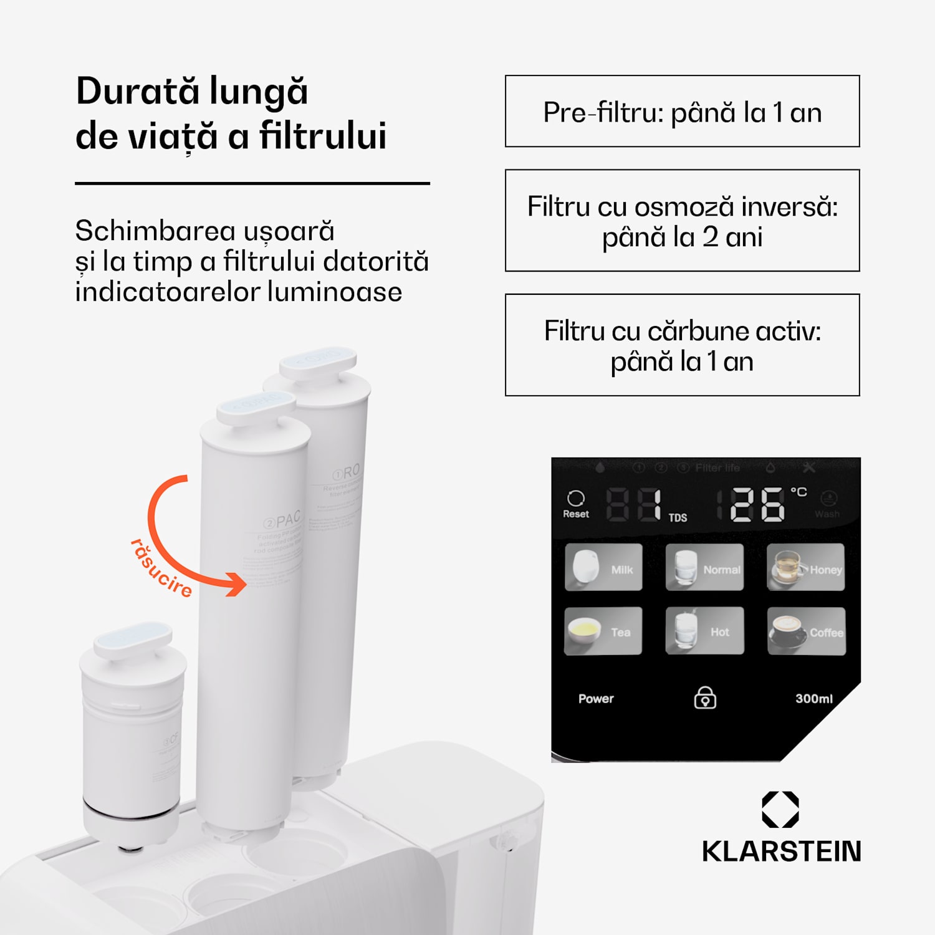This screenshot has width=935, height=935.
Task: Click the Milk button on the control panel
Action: [603, 567]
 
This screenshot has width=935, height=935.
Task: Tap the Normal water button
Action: [704, 567]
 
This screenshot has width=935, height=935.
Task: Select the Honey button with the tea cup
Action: [805, 567]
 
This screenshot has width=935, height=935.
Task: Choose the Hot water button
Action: [704, 631]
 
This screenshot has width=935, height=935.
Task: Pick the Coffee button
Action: [806, 631]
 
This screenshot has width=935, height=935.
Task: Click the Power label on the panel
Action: [596, 699]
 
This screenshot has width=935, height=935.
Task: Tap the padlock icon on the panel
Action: [705, 698]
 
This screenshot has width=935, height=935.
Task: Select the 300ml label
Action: [813, 699]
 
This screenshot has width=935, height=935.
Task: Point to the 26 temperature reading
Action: [757, 504]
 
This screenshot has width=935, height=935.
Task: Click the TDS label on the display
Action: [678, 517]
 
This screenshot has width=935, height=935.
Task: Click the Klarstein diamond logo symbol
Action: [780, 810]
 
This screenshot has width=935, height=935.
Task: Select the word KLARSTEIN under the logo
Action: [781, 851]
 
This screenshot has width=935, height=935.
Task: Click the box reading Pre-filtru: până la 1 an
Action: [682, 112]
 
